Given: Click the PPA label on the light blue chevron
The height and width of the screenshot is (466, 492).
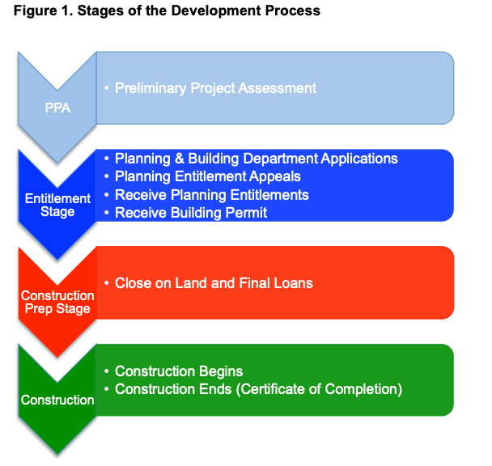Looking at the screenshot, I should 57,108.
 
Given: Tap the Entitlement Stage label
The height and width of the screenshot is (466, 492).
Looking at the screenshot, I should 57,205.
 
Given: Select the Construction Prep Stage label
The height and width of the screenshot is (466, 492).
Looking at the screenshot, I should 57,302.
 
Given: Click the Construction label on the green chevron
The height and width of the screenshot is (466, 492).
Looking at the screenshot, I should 57,400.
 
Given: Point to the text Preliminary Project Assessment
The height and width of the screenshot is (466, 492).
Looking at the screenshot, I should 215,87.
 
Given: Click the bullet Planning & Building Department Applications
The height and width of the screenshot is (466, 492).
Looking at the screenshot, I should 256,159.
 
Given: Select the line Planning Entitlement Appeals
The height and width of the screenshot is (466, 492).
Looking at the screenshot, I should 208,176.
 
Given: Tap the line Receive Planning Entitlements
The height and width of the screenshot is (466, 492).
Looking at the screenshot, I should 212,195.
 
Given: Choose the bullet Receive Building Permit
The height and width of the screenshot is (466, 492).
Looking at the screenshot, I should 191,213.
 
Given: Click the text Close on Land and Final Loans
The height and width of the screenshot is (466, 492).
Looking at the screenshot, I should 214,283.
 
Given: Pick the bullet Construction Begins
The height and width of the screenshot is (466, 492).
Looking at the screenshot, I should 179,371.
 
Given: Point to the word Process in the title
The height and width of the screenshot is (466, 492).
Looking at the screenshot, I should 296,11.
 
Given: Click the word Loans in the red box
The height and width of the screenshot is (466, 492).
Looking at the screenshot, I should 294,283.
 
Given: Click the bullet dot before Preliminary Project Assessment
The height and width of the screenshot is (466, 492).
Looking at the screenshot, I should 107,87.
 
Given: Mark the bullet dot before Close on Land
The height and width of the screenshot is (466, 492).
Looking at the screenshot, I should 107,282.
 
